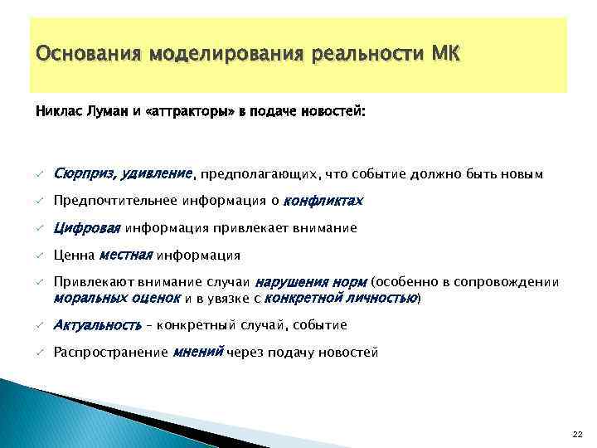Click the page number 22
577,434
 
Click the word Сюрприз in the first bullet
84,173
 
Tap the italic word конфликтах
323,201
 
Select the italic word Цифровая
87,227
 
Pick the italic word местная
126,255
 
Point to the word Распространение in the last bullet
109,353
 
